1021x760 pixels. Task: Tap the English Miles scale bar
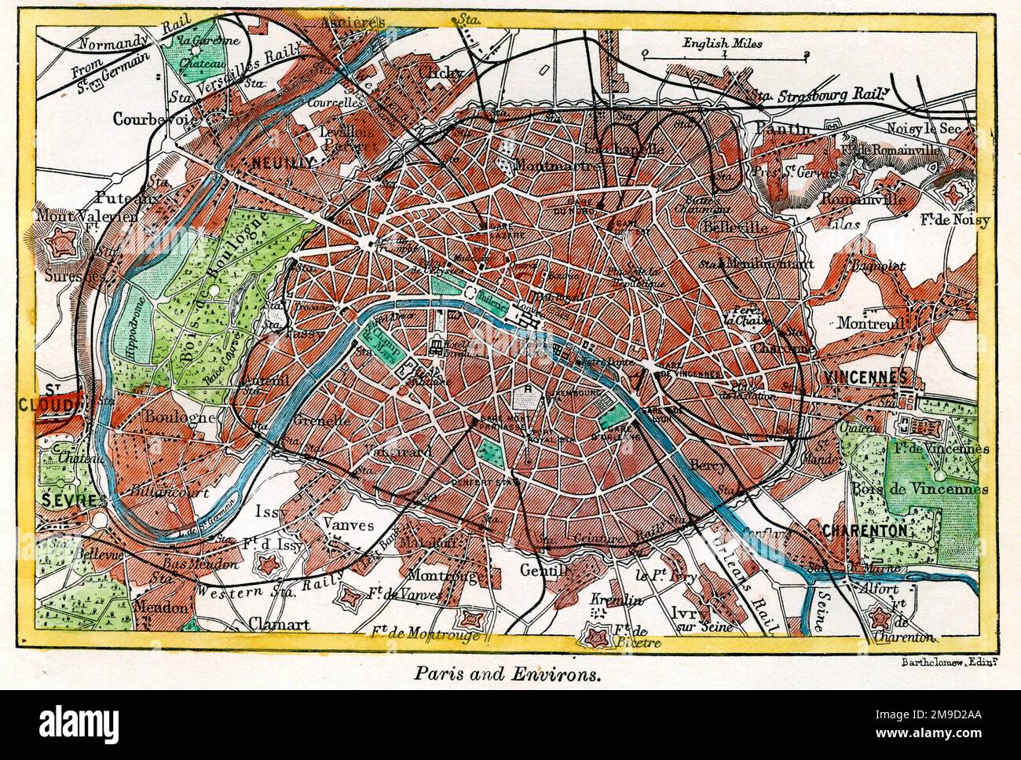point(723,55)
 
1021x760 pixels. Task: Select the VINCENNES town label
point(866,376)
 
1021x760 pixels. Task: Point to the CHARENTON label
point(865,531)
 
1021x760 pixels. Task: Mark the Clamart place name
point(278,625)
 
